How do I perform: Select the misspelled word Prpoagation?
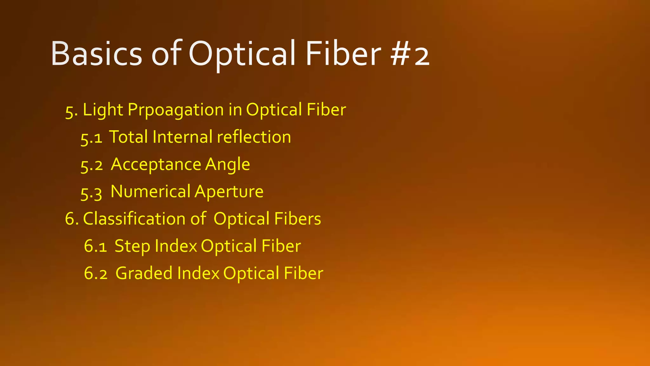[x=176, y=110]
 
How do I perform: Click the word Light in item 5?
[x=103, y=110]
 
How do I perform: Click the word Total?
[x=129, y=137]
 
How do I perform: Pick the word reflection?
[x=254, y=137]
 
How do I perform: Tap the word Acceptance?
[x=156, y=165]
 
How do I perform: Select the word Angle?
[x=227, y=165]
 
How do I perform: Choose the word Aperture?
[x=229, y=192]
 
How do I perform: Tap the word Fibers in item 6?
[x=297, y=219]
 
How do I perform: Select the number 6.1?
[x=95, y=247]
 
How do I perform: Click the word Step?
[x=132, y=247]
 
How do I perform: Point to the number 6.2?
[x=96, y=274]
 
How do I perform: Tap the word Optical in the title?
[x=244, y=54]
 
